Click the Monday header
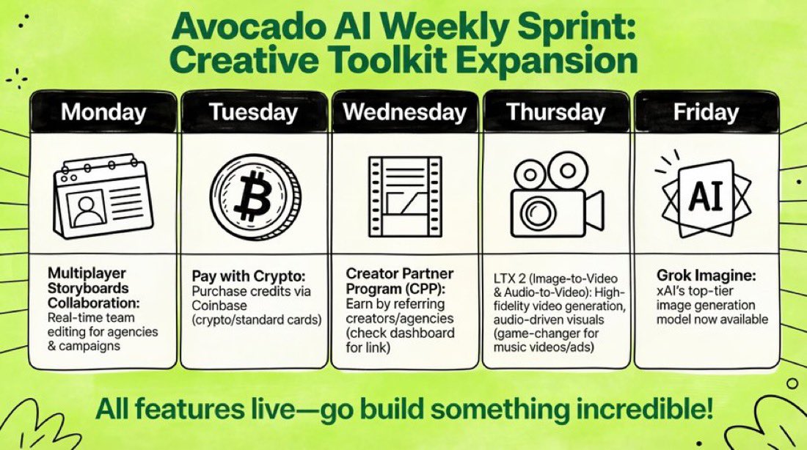pyautogui.click(x=103, y=112)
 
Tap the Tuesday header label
pyautogui.click(x=253, y=112)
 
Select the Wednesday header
pyautogui.click(x=404, y=112)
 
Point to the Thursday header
pyautogui.click(x=556, y=112)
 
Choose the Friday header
pyautogui.click(x=706, y=112)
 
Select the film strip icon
pyautogui.click(x=405, y=197)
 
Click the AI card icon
pyautogui.click(x=706, y=196)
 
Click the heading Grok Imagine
pyautogui.click(x=706, y=276)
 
